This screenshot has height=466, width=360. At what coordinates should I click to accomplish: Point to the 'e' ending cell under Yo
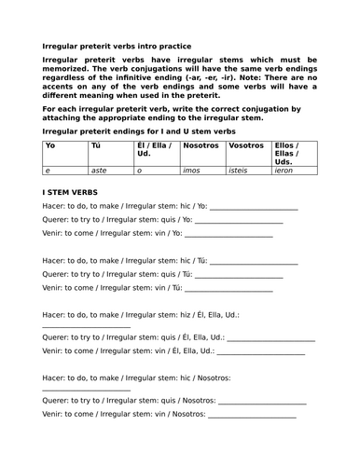[48, 171]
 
